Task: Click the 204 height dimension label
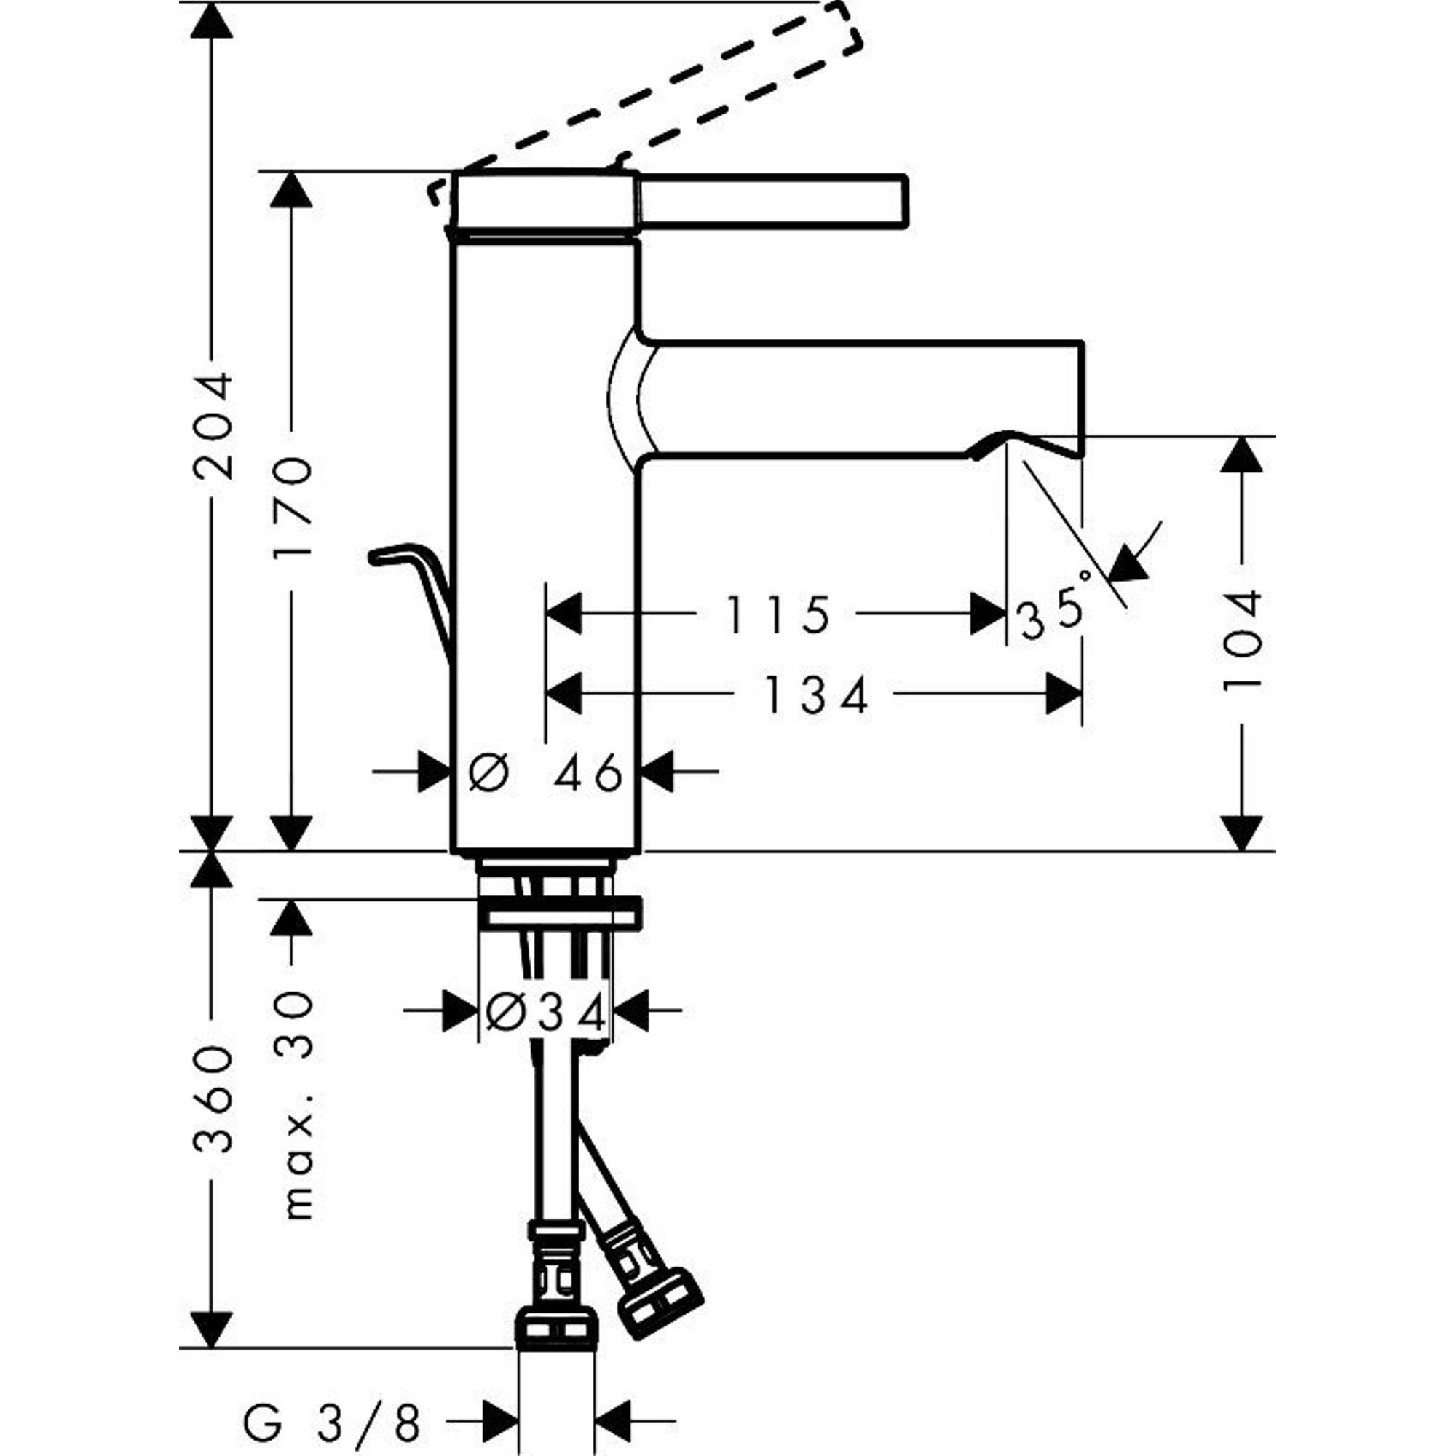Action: click(x=213, y=426)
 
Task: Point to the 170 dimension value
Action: click(x=292, y=507)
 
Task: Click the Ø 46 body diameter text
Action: click(x=545, y=772)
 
